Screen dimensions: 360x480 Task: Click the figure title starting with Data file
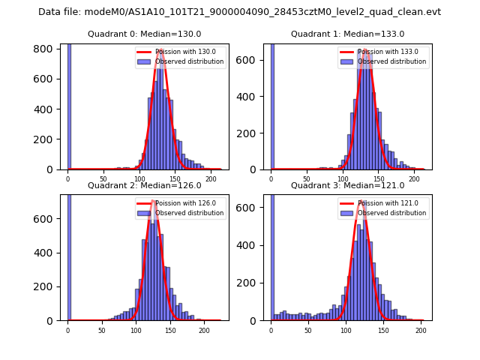(239, 12)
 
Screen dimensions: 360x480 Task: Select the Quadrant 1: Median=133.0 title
(347, 34)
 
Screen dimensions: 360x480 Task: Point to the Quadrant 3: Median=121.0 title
(347, 185)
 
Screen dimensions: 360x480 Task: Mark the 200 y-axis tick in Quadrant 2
(46, 286)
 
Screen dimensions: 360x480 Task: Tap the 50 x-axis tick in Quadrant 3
(308, 330)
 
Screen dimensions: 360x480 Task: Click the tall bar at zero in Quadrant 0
(68, 105)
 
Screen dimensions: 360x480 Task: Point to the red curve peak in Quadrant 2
(152, 202)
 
